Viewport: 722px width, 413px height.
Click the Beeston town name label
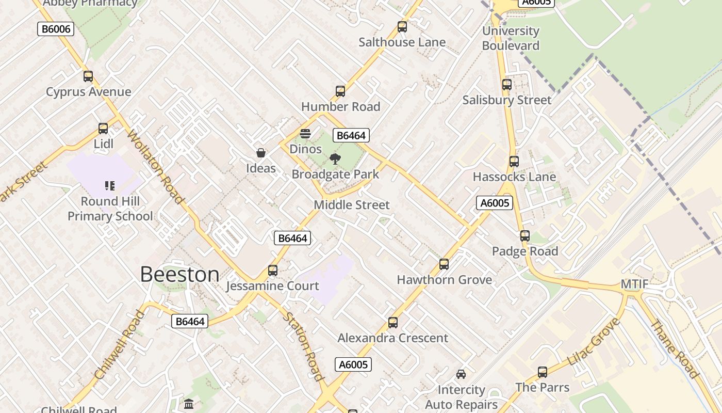click(179, 274)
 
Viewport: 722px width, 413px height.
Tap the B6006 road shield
click(56, 29)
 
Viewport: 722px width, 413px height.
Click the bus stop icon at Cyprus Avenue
click(88, 76)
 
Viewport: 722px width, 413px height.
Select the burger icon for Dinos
click(305, 134)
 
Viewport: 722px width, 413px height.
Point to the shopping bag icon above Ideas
click(261, 153)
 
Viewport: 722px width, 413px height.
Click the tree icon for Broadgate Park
click(335, 158)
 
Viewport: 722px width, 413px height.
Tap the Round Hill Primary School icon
click(110, 185)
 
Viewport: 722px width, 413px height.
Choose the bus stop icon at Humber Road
click(340, 91)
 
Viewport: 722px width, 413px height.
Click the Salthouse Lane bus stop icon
click(402, 27)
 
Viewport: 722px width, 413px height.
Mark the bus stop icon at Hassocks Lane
click(514, 162)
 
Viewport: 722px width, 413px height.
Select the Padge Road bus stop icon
click(525, 236)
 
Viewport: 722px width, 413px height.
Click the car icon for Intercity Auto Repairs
click(461, 374)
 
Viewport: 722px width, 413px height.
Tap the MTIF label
click(634, 285)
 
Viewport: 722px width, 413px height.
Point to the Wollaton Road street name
click(156, 166)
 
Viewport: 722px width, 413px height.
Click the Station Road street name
click(304, 346)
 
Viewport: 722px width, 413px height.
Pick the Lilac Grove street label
click(594, 342)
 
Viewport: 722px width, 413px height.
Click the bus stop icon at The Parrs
click(543, 372)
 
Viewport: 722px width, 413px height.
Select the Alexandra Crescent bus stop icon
click(393, 323)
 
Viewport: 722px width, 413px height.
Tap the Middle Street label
click(352, 205)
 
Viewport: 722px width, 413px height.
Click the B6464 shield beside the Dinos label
click(351, 136)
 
